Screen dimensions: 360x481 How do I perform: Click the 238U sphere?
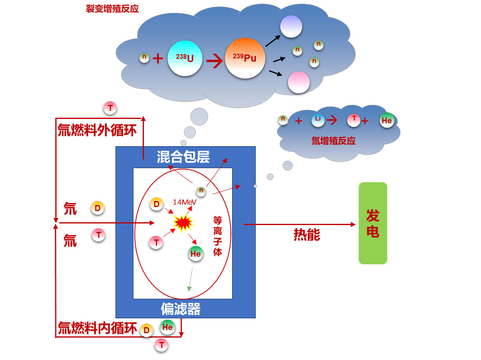click(x=185, y=58)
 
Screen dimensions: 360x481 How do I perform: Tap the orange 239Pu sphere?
click(x=245, y=58)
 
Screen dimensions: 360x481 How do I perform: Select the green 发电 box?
click(x=373, y=223)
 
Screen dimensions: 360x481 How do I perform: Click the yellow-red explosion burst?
click(x=183, y=223)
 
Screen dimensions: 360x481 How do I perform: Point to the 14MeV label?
click(x=184, y=202)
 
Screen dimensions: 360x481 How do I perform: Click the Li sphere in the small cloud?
click(x=318, y=120)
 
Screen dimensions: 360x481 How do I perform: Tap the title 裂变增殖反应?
click(x=112, y=8)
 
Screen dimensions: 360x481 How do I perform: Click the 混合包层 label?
click(x=183, y=157)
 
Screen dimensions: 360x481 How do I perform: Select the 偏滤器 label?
click(x=180, y=309)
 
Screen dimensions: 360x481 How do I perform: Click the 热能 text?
click(x=307, y=235)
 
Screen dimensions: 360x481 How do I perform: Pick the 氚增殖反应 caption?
click(x=333, y=141)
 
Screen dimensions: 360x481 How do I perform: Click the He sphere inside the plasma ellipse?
click(x=196, y=253)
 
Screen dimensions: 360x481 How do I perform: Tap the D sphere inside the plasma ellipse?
click(x=156, y=204)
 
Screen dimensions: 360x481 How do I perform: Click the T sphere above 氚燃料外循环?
click(x=110, y=108)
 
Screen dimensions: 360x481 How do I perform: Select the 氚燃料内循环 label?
click(x=97, y=328)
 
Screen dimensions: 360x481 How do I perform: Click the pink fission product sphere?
click(x=299, y=82)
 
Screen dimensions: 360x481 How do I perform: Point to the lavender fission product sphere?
click(x=291, y=26)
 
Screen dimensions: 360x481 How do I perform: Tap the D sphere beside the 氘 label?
click(x=97, y=208)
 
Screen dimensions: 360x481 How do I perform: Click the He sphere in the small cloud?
click(x=387, y=121)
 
